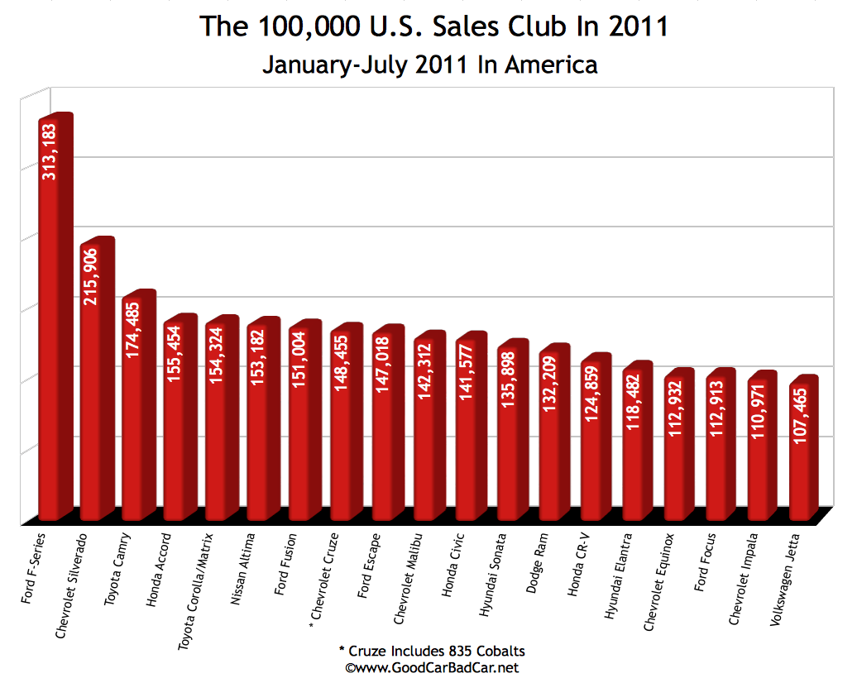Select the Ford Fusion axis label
pyautogui.click(x=286, y=561)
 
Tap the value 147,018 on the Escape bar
pyautogui.click(x=384, y=363)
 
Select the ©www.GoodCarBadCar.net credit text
pyautogui.click(x=432, y=666)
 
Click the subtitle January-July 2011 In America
pyautogui.click(x=429, y=64)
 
